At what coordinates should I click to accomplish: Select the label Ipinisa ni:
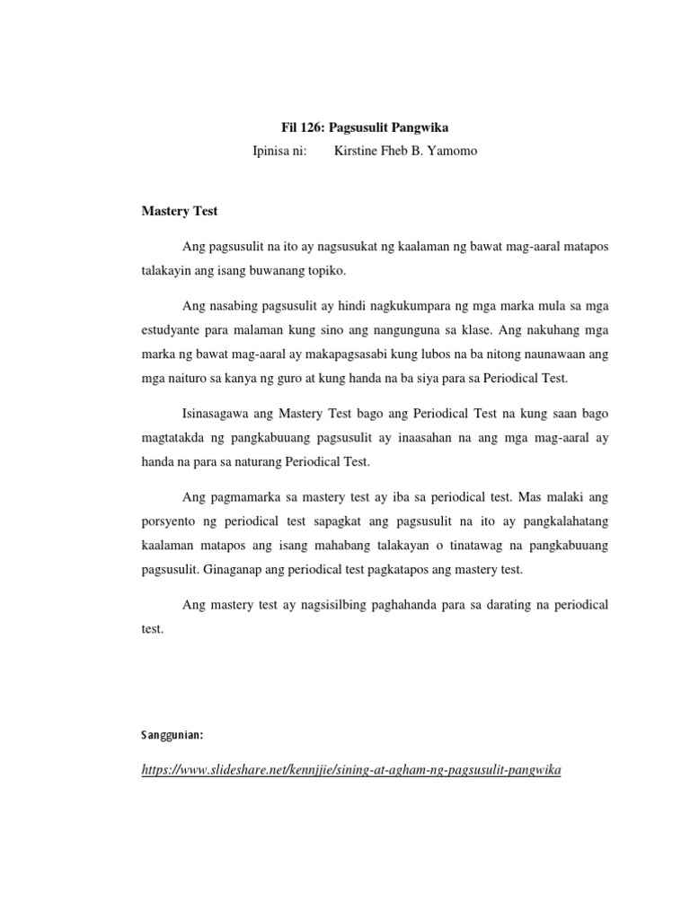[x=280, y=152]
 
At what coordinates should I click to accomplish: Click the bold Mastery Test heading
[x=180, y=212]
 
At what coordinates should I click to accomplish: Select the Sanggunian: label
[x=172, y=735]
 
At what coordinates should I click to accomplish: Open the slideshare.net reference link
[x=351, y=770]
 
